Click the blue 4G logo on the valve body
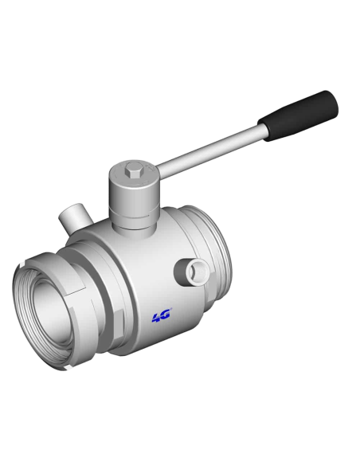(162, 316)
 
